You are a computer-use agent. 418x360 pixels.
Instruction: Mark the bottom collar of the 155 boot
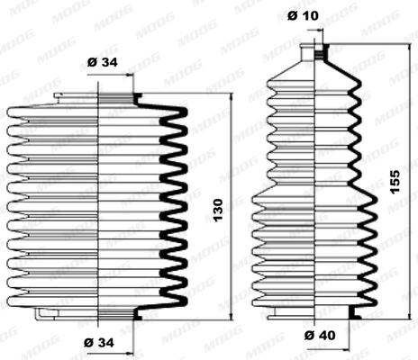click(316, 314)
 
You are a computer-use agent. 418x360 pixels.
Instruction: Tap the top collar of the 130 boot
click(97, 96)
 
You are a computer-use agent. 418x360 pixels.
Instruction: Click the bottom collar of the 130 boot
click(97, 312)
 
